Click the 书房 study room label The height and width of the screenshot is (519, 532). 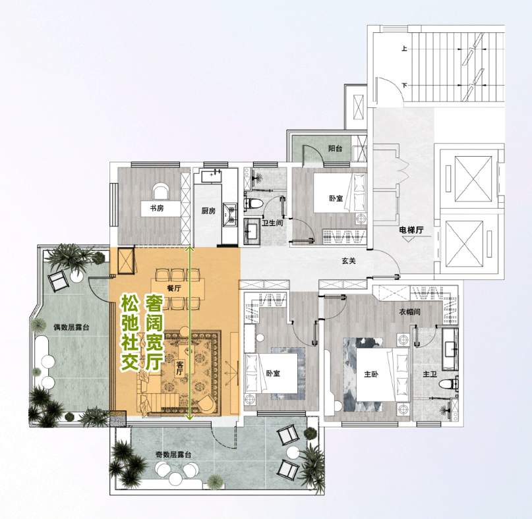[x=157, y=208]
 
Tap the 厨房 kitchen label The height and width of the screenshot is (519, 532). [x=208, y=211]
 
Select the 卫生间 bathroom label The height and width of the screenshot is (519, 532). [x=272, y=223]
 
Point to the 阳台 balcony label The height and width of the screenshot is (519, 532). [x=335, y=148]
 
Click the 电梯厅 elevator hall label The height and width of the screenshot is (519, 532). [x=411, y=230]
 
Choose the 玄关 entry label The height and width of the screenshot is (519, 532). [x=349, y=261]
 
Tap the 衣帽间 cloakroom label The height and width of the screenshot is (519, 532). [x=409, y=312]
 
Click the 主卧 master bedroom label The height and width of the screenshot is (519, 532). [x=371, y=374]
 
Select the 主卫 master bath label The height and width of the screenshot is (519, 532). [x=430, y=374]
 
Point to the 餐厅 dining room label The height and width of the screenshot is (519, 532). [x=174, y=288]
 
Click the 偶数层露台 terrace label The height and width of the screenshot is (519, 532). [x=71, y=327]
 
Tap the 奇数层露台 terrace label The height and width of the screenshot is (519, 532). [x=173, y=455]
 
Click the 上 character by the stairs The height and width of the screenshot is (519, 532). [x=404, y=49]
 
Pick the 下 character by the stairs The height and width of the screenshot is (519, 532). [x=404, y=86]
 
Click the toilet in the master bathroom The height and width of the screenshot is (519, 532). [x=449, y=385]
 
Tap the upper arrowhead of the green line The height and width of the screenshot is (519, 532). [x=190, y=250]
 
